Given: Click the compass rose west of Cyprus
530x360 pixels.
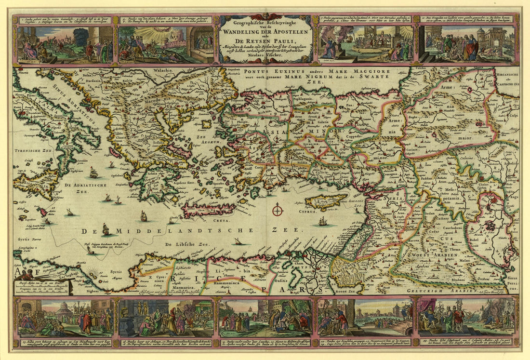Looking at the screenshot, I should pos(277,210).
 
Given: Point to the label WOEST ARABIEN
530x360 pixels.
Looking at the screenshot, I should pos(430,254).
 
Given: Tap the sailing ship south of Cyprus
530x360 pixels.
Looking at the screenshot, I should pos(322,222).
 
